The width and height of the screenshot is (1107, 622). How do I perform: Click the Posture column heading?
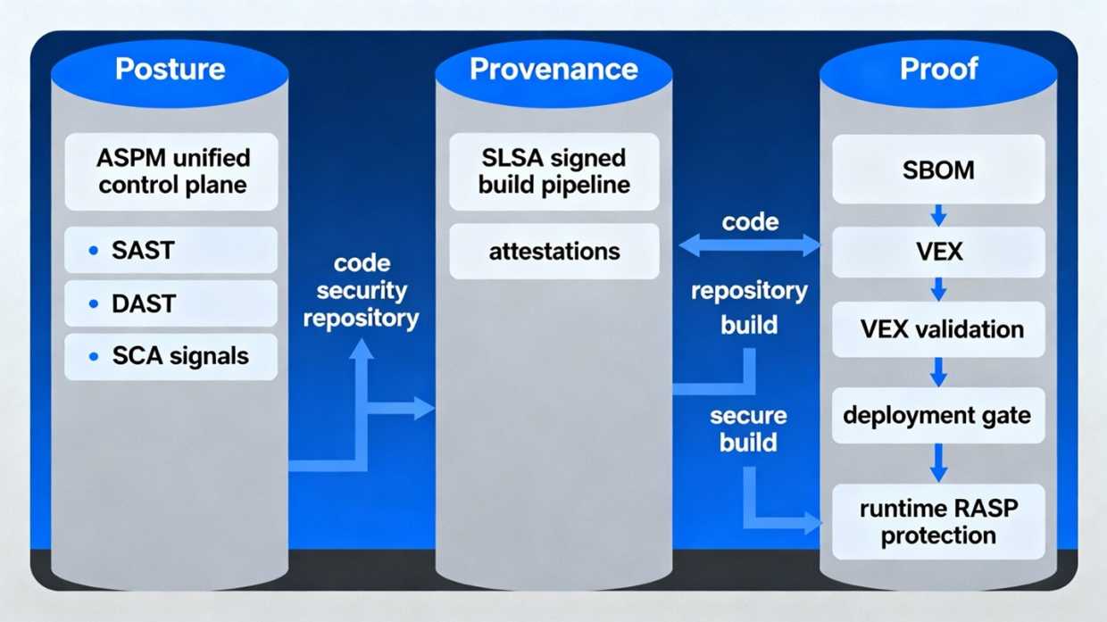[x=170, y=69]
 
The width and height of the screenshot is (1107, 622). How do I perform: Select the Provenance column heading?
[x=553, y=69]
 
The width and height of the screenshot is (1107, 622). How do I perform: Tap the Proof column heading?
[x=938, y=69]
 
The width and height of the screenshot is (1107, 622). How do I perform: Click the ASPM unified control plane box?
[x=171, y=172]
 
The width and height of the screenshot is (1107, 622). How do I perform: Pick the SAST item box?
[x=171, y=251]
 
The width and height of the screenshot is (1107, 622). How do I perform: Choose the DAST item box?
[x=171, y=303]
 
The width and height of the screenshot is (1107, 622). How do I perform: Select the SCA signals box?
[x=171, y=356]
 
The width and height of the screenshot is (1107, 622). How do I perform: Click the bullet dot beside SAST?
[x=94, y=252]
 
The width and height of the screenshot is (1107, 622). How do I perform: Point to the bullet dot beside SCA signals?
[x=94, y=357]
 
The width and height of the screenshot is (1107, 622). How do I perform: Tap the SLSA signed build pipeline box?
[x=553, y=172]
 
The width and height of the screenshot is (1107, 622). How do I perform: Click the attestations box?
[x=553, y=252]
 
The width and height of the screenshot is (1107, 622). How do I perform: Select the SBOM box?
[x=938, y=170]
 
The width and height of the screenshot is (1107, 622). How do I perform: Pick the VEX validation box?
[x=938, y=329]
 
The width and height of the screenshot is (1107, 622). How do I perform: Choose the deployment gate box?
[x=938, y=415]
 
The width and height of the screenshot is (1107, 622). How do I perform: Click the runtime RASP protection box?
[x=938, y=522]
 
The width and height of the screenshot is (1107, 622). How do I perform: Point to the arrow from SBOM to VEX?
[x=938, y=215]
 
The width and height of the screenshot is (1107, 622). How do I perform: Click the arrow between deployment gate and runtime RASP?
[x=938, y=463]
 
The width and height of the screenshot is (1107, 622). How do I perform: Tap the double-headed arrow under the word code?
[x=750, y=245]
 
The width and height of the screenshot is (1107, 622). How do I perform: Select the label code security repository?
[x=362, y=291]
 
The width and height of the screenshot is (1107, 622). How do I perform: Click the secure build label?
[x=748, y=429]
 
